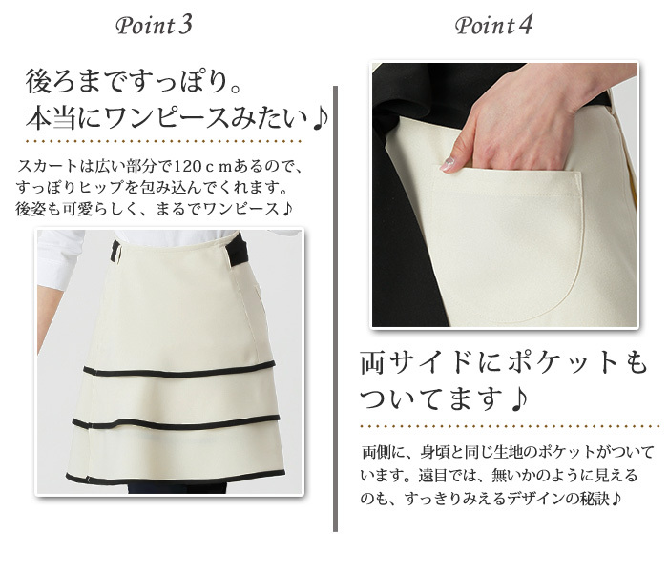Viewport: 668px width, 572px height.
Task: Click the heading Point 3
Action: pyautogui.click(x=154, y=26)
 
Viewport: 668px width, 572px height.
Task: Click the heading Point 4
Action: pyautogui.click(x=493, y=26)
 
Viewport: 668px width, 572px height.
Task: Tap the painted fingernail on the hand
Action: pyautogui.click(x=448, y=163)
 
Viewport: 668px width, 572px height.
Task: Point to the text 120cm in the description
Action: pyautogui.click(x=202, y=166)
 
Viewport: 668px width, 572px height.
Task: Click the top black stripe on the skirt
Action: pyautogui.click(x=179, y=370)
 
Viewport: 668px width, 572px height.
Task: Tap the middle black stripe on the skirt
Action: pyautogui.click(x=176, y=422)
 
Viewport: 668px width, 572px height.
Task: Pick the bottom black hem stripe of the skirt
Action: pyautogui.click(x=175, y=478)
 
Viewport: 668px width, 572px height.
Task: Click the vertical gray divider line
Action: pyautogui.click(x=335, y=309)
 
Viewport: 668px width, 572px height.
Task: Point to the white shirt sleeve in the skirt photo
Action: pyautogui.click(x=59, y=258)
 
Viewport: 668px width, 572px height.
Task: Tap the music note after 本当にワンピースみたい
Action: pyautogui.click(x=320, y=119)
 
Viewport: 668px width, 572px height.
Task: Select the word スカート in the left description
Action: pyautogui.click(x=48, y=166)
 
